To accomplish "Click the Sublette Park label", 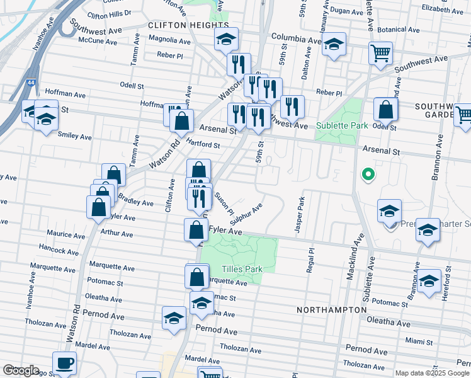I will click(341, 125).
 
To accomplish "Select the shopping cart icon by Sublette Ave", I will click(381, 55).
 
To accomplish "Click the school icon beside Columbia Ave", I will click(334, 45).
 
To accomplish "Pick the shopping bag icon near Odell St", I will click(385, 110).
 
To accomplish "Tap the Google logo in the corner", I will click(21, 370).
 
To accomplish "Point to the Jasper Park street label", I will click(300, 216).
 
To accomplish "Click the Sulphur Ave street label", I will click(246, 215).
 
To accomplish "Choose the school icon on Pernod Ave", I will click(173, 318).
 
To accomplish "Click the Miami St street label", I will click(419, 340).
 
